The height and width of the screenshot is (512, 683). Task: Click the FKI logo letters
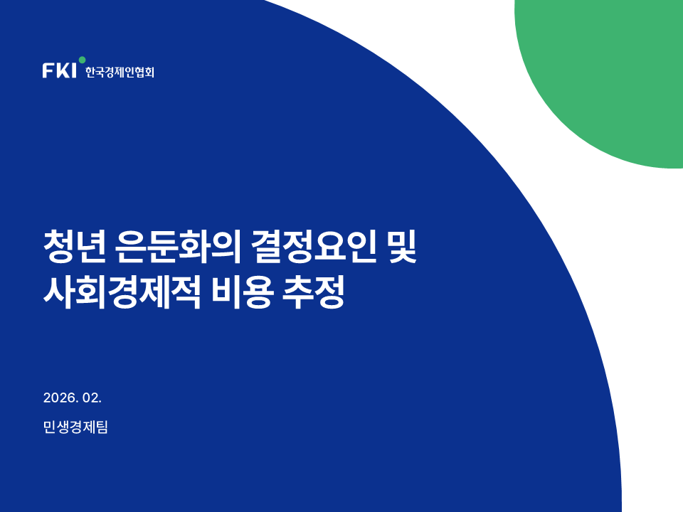pyautogui.click(x=59, y=70)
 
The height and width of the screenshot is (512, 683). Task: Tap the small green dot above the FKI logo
pyautogui.click(x=82, y=60)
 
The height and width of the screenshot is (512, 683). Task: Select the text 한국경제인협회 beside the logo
pyautogui.click(x=120, y=72)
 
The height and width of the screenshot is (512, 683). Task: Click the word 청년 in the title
pyautogui.click(x=75, y=247)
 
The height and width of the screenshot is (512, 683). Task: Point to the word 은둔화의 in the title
pyautogui.click(x=179, y=247)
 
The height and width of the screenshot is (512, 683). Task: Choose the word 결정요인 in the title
pyautogui.click(x=314, y=247)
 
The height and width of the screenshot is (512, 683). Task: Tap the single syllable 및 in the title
pyautogui.click(x=402, y=247)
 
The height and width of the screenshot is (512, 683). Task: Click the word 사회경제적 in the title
pyautogui.click(x=122, y=292)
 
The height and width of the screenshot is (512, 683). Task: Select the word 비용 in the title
pyautogui.click(x=243, y=292)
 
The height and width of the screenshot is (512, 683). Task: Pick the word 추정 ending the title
pyautogui.click(x=314, y=292)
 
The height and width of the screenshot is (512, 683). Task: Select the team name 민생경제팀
pyautogui.click(x=75, y=427)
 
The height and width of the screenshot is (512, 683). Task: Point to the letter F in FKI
pyautogui.click(x=48, y=70)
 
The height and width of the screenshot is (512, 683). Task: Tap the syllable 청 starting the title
pyautogui.click(x=59, y=247)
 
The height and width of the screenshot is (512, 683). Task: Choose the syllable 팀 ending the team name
pyautogui.click(x=102, y=427)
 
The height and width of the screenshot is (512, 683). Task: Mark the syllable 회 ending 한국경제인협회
pyautogui.click(x=149, y=72)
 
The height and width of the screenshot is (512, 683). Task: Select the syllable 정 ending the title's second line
pyautogui.click(x=330, y=292)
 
